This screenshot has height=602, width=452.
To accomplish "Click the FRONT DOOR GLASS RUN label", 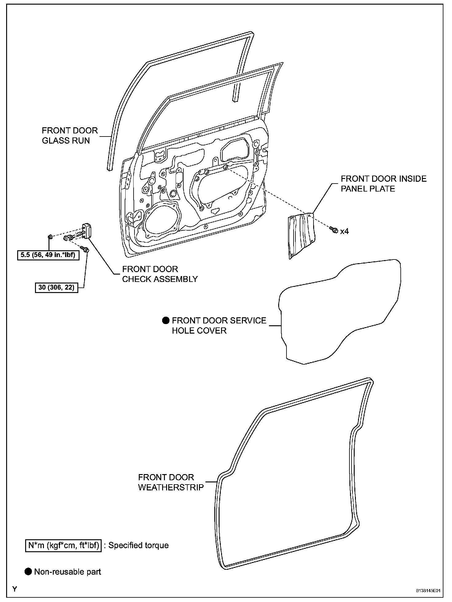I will [70, 136].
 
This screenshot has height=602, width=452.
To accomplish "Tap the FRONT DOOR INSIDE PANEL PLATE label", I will [384, 184].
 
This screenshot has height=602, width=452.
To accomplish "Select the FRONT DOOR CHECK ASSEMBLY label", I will [160, 274].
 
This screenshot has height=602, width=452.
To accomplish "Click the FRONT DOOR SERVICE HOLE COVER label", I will [219, 325].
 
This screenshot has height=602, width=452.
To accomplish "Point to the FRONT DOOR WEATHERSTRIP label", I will [171, 482].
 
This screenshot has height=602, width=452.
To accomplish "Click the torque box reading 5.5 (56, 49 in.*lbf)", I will [48, 255].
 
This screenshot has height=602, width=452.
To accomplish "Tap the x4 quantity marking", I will [344, 231].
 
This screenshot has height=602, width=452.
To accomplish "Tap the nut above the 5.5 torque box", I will [49, 236].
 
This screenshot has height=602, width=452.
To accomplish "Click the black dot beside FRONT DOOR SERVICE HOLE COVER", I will [166, 321].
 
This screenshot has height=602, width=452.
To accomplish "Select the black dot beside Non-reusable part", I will [28, 572].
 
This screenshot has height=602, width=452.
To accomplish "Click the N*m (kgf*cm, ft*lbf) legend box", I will [63, 545].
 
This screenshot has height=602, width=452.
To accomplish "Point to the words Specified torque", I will [138, 545].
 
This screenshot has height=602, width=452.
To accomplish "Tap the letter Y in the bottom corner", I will [14, 589].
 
